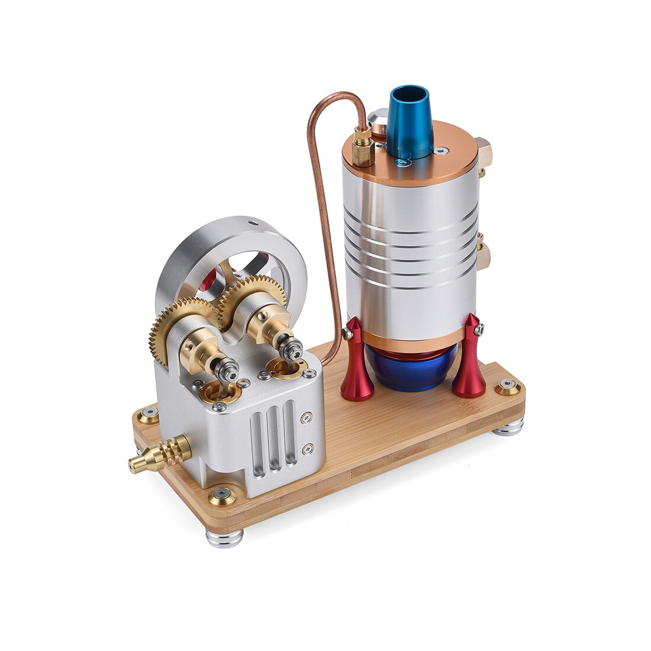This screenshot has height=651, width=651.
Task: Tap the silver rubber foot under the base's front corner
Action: coord(224,538)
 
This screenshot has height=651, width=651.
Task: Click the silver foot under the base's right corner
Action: coord(508,427)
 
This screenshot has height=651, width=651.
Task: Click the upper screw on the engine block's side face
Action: coord(307,417)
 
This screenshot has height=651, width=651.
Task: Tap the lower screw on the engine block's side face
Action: coord(307,450)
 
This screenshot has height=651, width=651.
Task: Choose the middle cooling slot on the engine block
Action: coord(273,434)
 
